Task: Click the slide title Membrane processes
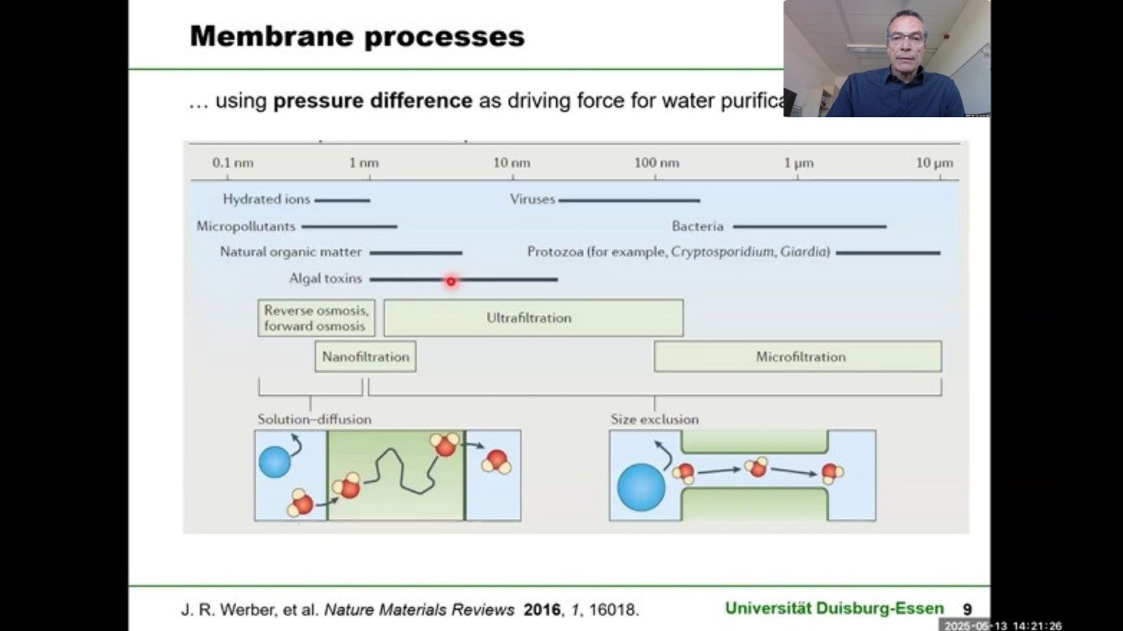coord(357,37)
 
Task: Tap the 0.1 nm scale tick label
coord(233,163)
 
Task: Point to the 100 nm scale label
coord(656,163)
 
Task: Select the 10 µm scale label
coord(934,163)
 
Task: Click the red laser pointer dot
coord(450,281)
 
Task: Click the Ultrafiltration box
coord(533,318)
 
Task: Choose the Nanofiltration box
coord(365,357)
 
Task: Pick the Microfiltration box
coord(798,357)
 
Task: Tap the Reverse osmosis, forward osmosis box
coord(316,318)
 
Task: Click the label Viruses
coord(532,199)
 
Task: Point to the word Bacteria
coord(697,226)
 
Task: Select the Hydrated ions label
coord(266,199)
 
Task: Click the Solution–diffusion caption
coord(314,419)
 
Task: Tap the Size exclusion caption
coord(654,419)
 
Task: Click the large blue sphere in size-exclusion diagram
coord(641,487)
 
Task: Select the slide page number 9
coord(967,609)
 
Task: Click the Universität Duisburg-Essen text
coord(834,608)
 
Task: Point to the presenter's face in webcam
coord(906,40)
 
